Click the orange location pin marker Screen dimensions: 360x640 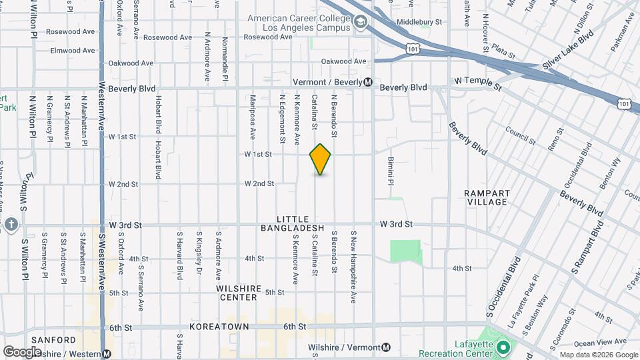[320, 159]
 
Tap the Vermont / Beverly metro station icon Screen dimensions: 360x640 [368, 82]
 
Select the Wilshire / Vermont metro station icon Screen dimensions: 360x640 [386, 347]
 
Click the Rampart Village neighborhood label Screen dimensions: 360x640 [487, 197]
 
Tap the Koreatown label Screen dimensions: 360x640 [219, 327]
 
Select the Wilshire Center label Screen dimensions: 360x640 [237, 293]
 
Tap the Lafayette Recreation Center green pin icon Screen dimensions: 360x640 [503, 347]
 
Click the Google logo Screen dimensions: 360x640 [22, 351]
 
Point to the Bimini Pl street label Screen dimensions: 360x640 [391, 171]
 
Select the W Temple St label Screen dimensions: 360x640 [477, 83]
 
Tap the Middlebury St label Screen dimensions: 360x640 [419, 22]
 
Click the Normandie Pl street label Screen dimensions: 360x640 [225, 59]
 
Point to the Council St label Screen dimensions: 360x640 [521, 135]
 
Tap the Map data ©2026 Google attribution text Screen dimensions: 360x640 [598, 355]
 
